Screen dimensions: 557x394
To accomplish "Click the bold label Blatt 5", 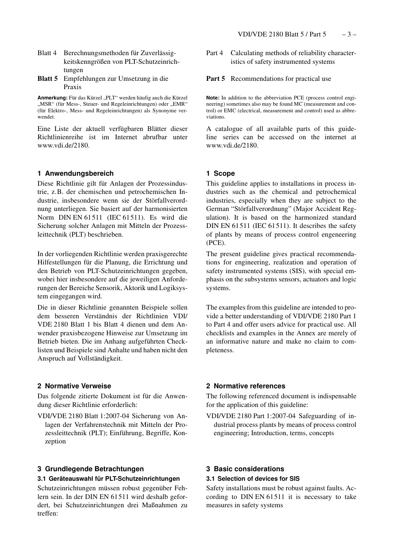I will pyautogui.click(x=47, y=79).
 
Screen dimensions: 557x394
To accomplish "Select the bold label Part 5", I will pyautogui.click(x=216, y=79).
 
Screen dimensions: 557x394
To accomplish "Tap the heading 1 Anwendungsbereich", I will pyautogui.click(x=75, y=174).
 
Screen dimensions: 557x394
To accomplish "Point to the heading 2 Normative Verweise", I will pyautogui.click(x=74, y=386).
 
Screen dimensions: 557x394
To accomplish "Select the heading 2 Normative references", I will pyautogui.click(x=246, y=386).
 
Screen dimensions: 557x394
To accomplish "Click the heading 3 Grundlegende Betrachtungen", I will pyautogui.click(x=90, y=469).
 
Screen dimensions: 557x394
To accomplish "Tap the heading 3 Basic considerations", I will pyautogui.click(x=245, y=469).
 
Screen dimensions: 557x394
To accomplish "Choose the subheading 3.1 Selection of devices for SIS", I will pyautogui.click(x=253, y=479).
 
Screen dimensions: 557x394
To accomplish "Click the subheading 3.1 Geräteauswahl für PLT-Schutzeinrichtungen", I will pyautogui.click(x=108, y=479).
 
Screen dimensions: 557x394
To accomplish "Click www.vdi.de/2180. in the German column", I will pyautogui.click(x=63, y=145).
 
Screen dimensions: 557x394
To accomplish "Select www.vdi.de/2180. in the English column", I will pyautogui.click(x=232, y=145).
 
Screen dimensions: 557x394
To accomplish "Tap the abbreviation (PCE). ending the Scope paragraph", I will pyautogui.click(x=216, y=243).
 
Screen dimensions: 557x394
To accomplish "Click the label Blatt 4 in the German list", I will pyautogui.click(x=47, y=53).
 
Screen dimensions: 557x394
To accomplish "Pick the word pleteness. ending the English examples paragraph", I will pyautogui.click(x=220, y=350).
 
